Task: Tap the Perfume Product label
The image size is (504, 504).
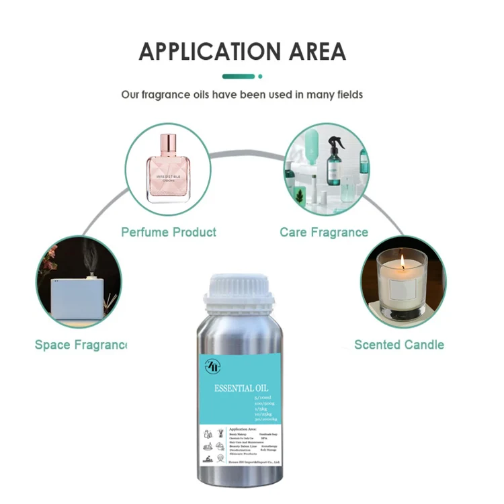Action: [x=169, y=233]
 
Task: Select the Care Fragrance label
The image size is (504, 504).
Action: [x=324, y=233]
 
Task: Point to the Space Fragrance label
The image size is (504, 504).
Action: [x=81, y=345]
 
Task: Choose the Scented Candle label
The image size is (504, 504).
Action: [x=399, y=345]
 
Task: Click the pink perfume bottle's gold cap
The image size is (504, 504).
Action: [x=168, y=143]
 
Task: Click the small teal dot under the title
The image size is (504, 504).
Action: [x=260, y=77]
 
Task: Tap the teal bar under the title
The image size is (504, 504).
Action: [x=239, y=77]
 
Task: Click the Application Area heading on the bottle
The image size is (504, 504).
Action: [x=243, y=428]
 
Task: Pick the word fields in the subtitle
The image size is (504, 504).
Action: [x=345, y=95]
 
